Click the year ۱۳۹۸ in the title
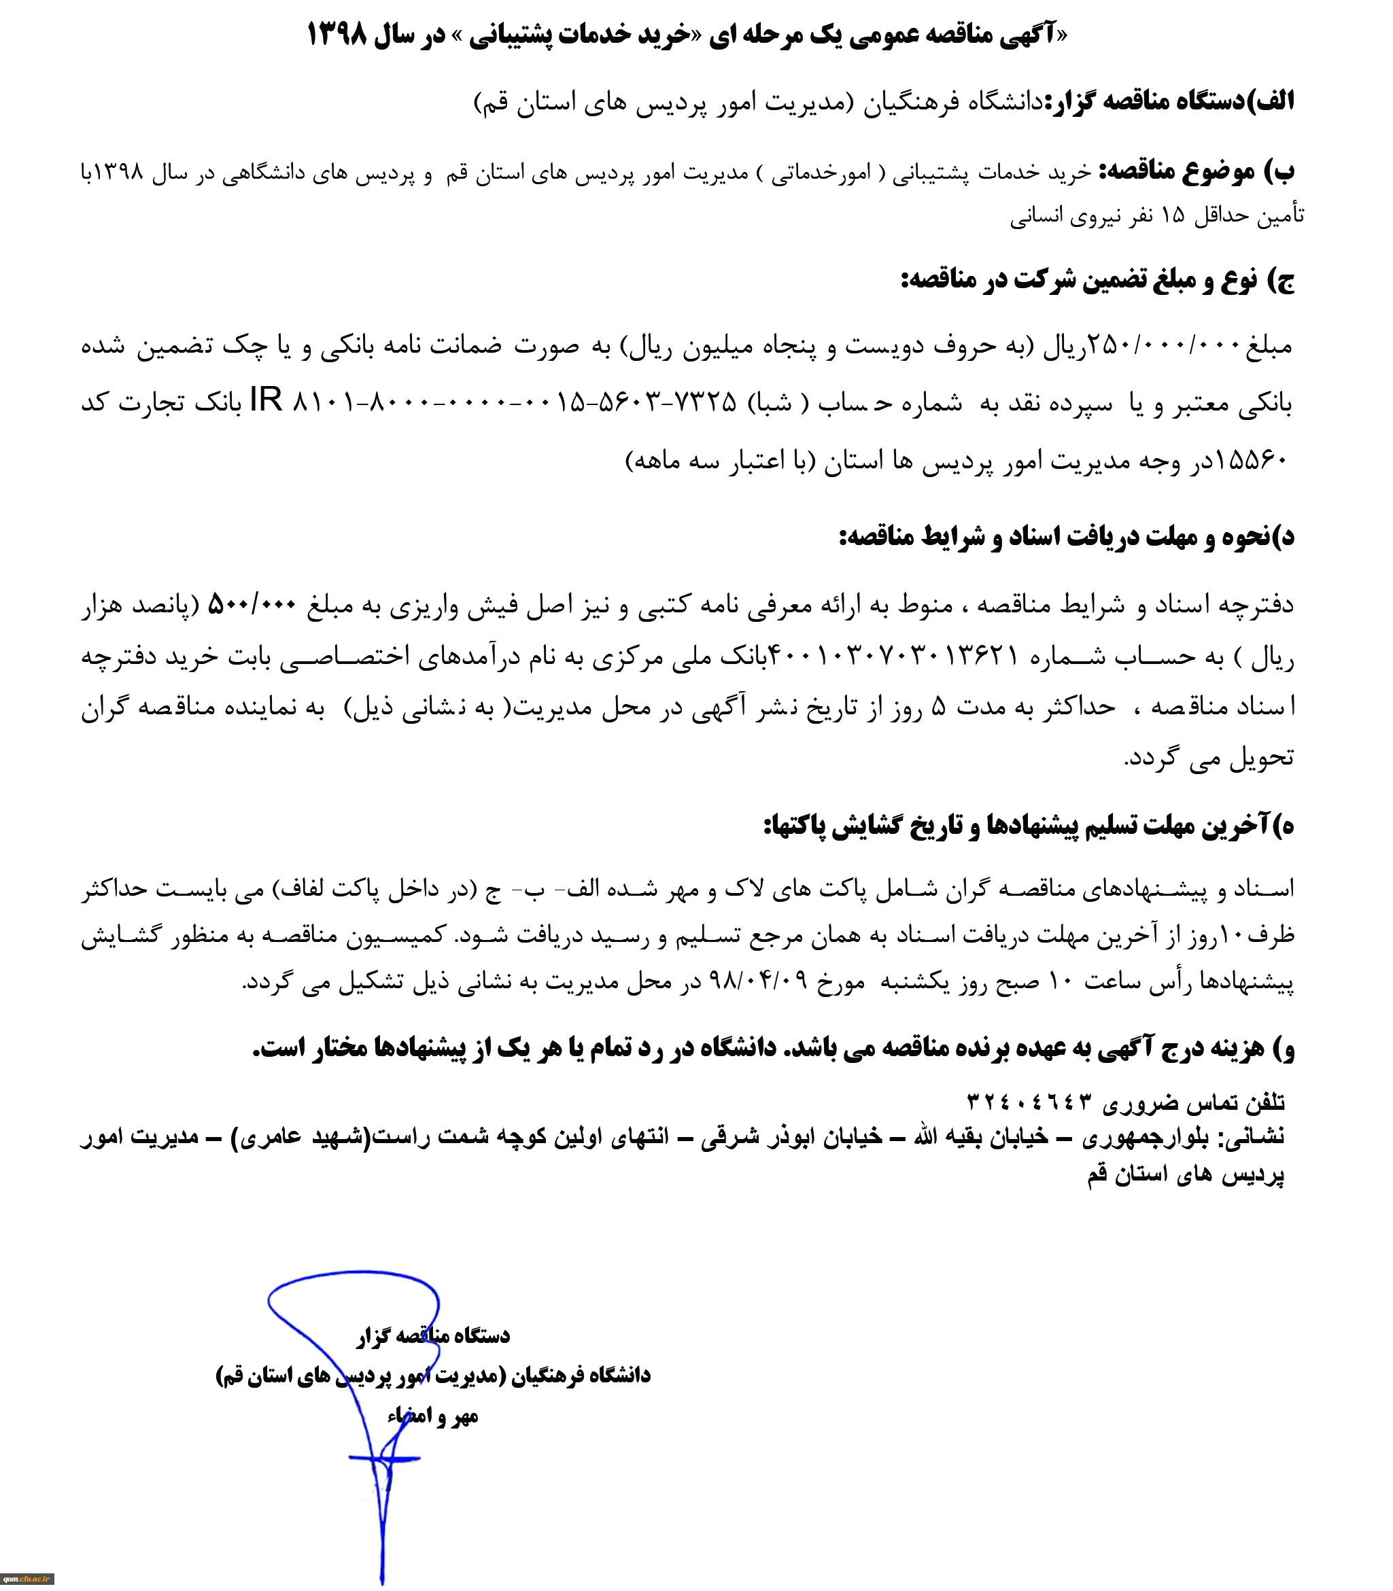(x=337, y=35)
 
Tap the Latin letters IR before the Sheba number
(x=266, y=401)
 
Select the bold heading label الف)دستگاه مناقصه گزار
(x=1171, y=101)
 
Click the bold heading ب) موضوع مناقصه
(x=1197, y=172)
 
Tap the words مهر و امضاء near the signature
(x=432, y=1416)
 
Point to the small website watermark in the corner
(x=27, y=1579)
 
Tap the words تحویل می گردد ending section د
(x=1209, y=757)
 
